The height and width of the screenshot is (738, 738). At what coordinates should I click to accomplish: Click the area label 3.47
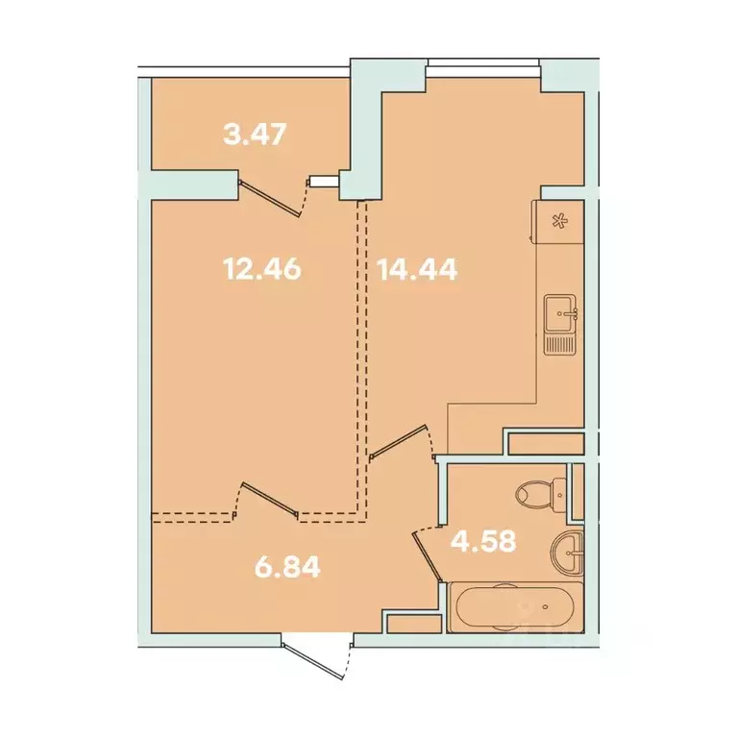pos(254,134)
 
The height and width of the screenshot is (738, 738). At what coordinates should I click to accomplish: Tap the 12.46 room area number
pos(262,268)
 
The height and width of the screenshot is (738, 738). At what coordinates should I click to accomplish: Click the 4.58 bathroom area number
pos(484,539)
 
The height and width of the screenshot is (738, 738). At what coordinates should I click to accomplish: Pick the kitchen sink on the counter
pos(560,310)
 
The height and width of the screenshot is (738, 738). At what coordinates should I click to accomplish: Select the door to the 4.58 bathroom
pos(428,554)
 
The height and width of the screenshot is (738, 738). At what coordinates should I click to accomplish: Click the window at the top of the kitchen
pos(483,65)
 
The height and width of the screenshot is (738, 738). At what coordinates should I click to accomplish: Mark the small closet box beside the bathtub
pos(410,622)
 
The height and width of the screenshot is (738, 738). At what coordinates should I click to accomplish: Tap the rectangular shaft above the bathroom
pos(545,444)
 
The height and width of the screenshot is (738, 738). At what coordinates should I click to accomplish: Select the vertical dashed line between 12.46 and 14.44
pos(363,356)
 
